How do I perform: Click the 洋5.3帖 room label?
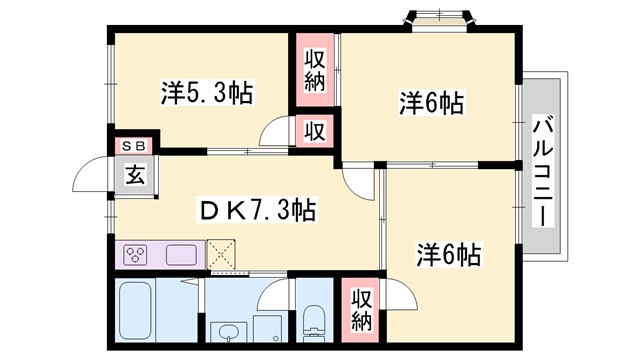206,94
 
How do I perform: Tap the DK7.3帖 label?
257,210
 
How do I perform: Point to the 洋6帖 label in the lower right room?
447,255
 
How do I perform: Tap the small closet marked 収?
313,131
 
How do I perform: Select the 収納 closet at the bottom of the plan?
361,309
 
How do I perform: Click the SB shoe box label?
133,145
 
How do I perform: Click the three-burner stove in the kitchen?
136,254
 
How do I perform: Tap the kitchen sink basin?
180,254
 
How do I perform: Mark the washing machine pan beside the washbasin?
266,329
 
